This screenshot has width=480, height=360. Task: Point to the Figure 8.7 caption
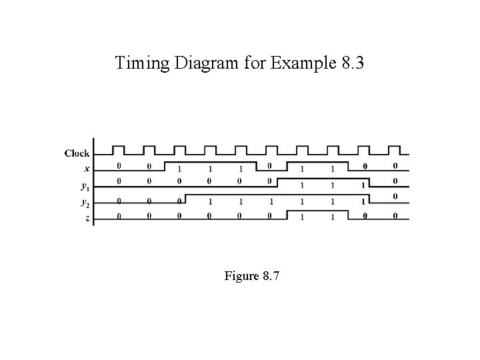[x=252, y=275]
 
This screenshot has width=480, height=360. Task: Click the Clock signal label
[x=77, y=153]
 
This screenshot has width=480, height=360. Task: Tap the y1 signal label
[x=85, y=185]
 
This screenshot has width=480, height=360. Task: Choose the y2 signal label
[x=85, y=201]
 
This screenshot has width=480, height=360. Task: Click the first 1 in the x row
[x=180, y=169]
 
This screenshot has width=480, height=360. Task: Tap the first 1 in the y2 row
[x=210, y=201]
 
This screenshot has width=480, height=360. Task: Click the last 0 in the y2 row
[x=395, y=196]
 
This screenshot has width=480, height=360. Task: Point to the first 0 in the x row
[x=119, y=166]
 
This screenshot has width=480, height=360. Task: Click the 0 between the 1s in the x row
[x=270, y=166]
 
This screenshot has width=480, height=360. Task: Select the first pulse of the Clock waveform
[x=119, y=149]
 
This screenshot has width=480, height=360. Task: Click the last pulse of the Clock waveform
[x=394, y=149]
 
